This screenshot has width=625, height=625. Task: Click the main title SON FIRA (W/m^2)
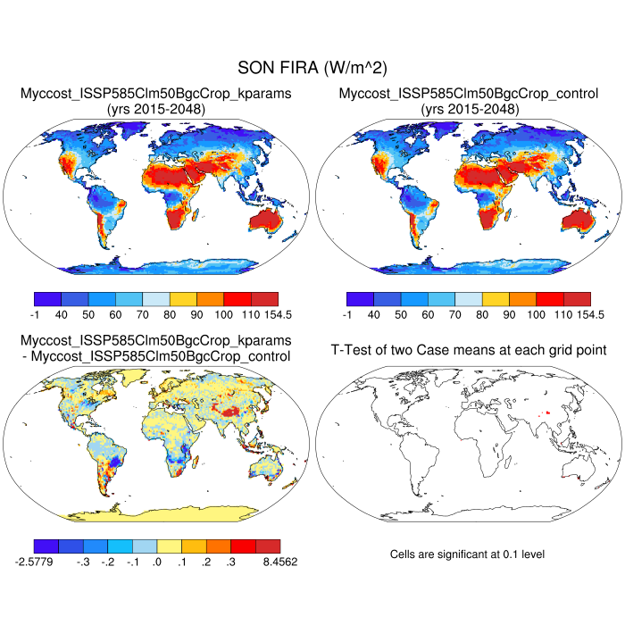click(312, 67)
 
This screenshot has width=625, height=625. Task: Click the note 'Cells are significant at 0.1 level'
click(467, 554)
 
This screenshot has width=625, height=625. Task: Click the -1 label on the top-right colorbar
click(347, 315)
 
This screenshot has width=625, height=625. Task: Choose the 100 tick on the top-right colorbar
click(536, 315)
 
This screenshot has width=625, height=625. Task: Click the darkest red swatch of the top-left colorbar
click(265, 299)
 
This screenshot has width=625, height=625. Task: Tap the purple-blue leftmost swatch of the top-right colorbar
click(360, 299)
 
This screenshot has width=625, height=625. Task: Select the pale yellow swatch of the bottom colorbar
click(170, 546)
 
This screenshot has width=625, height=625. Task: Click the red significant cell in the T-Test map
click(543, 412)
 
